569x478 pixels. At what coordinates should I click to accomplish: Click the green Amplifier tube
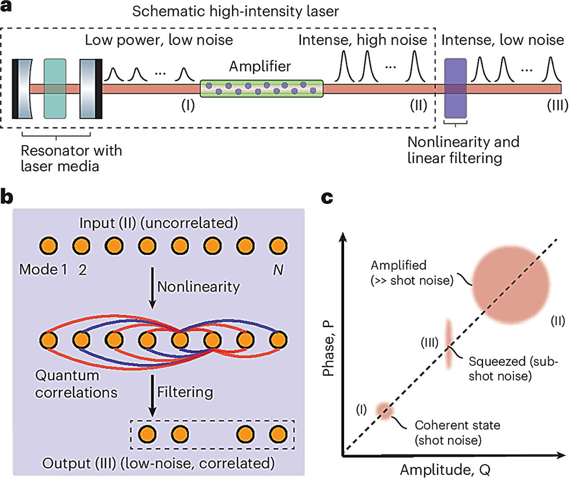pos(261,88)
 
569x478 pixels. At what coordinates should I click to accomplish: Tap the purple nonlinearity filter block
pos(455,88)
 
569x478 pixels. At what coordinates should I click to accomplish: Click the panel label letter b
pos(8,197)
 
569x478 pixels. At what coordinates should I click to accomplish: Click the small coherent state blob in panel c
pos(384,410)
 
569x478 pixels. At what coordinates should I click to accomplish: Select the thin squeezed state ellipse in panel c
pos(449,345)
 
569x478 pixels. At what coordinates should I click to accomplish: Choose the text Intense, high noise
pos(362,41)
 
